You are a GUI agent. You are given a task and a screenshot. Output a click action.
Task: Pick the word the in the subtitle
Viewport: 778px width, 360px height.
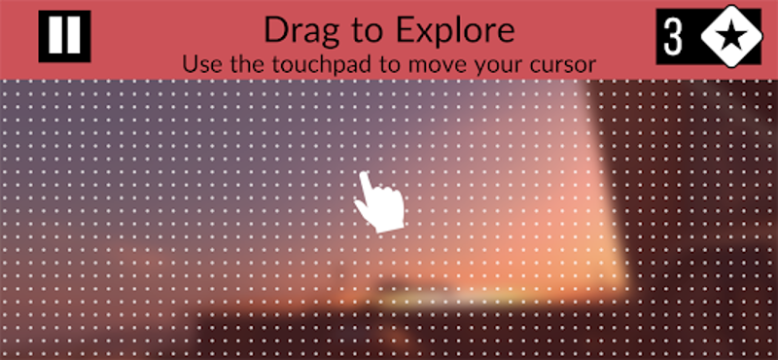(243, 64)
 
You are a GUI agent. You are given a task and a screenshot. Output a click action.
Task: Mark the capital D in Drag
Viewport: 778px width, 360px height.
(276, 31)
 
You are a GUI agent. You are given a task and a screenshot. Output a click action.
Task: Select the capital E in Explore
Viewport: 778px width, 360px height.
(407, 31)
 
